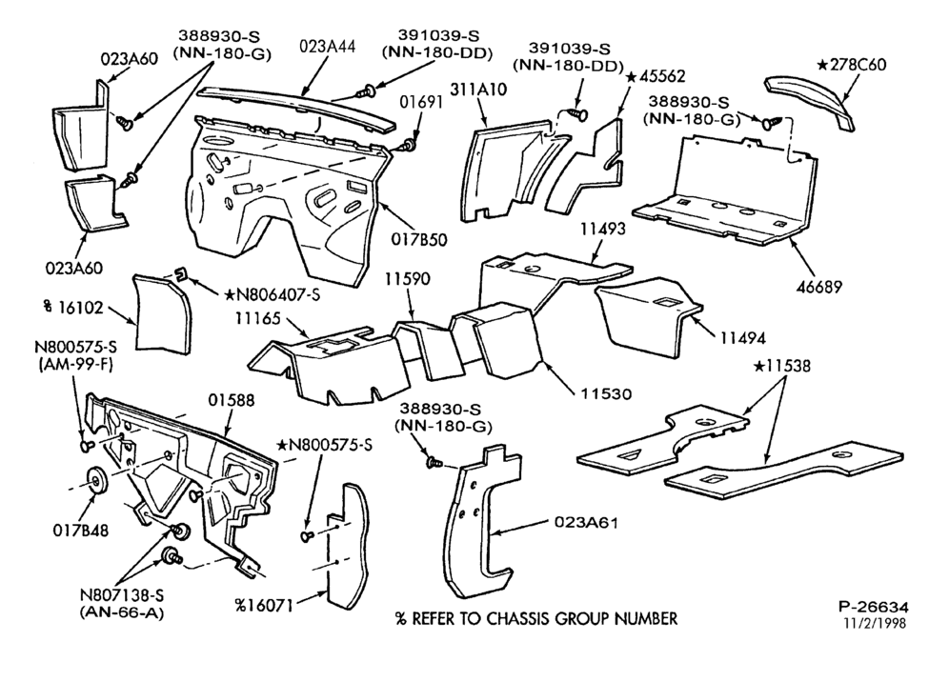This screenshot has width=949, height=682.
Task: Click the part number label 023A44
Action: coord(328,47)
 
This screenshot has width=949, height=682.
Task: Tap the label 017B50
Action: coord(419,240)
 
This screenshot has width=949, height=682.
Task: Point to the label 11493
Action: coord(603,230)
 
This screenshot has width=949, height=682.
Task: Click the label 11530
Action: coord(606,394)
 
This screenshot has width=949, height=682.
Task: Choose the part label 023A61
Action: coord(586,522)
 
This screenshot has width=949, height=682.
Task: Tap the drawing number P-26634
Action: coord(874,607)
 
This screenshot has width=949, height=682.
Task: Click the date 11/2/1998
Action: coord(876,623)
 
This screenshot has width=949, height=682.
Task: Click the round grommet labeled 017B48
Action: coord(97,480)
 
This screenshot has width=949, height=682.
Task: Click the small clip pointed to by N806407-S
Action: coord(180,273)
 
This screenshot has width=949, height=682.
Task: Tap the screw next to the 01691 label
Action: coord(409,145)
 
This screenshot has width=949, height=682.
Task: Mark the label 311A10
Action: coord(478,89)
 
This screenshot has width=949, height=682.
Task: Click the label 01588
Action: coord(232,400)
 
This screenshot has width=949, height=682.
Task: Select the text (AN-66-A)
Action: coord(122,612)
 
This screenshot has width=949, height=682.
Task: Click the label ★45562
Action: coord(655,76)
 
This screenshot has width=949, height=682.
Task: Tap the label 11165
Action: coord(258,318)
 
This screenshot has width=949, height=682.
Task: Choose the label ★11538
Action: coord(782,366)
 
